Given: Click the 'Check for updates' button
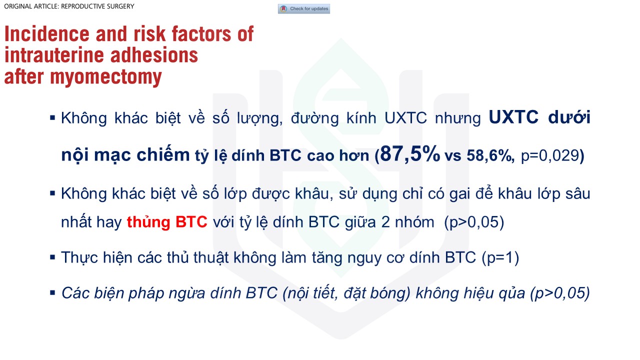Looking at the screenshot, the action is (303, 9).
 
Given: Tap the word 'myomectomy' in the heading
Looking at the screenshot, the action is (106, 77).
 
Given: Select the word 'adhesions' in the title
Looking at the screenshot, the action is (154, 55).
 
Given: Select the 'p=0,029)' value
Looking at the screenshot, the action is (552, 156).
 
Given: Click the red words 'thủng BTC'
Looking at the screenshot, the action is (167, 222).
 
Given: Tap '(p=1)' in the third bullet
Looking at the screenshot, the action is (500, 257).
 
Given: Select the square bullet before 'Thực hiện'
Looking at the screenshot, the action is (52, 257).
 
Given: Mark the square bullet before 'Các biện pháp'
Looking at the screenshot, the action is (52, 292).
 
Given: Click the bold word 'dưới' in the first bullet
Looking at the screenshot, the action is (569, 117).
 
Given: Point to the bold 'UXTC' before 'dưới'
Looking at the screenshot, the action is (513, 117).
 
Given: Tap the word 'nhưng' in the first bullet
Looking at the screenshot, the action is (458, 118).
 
